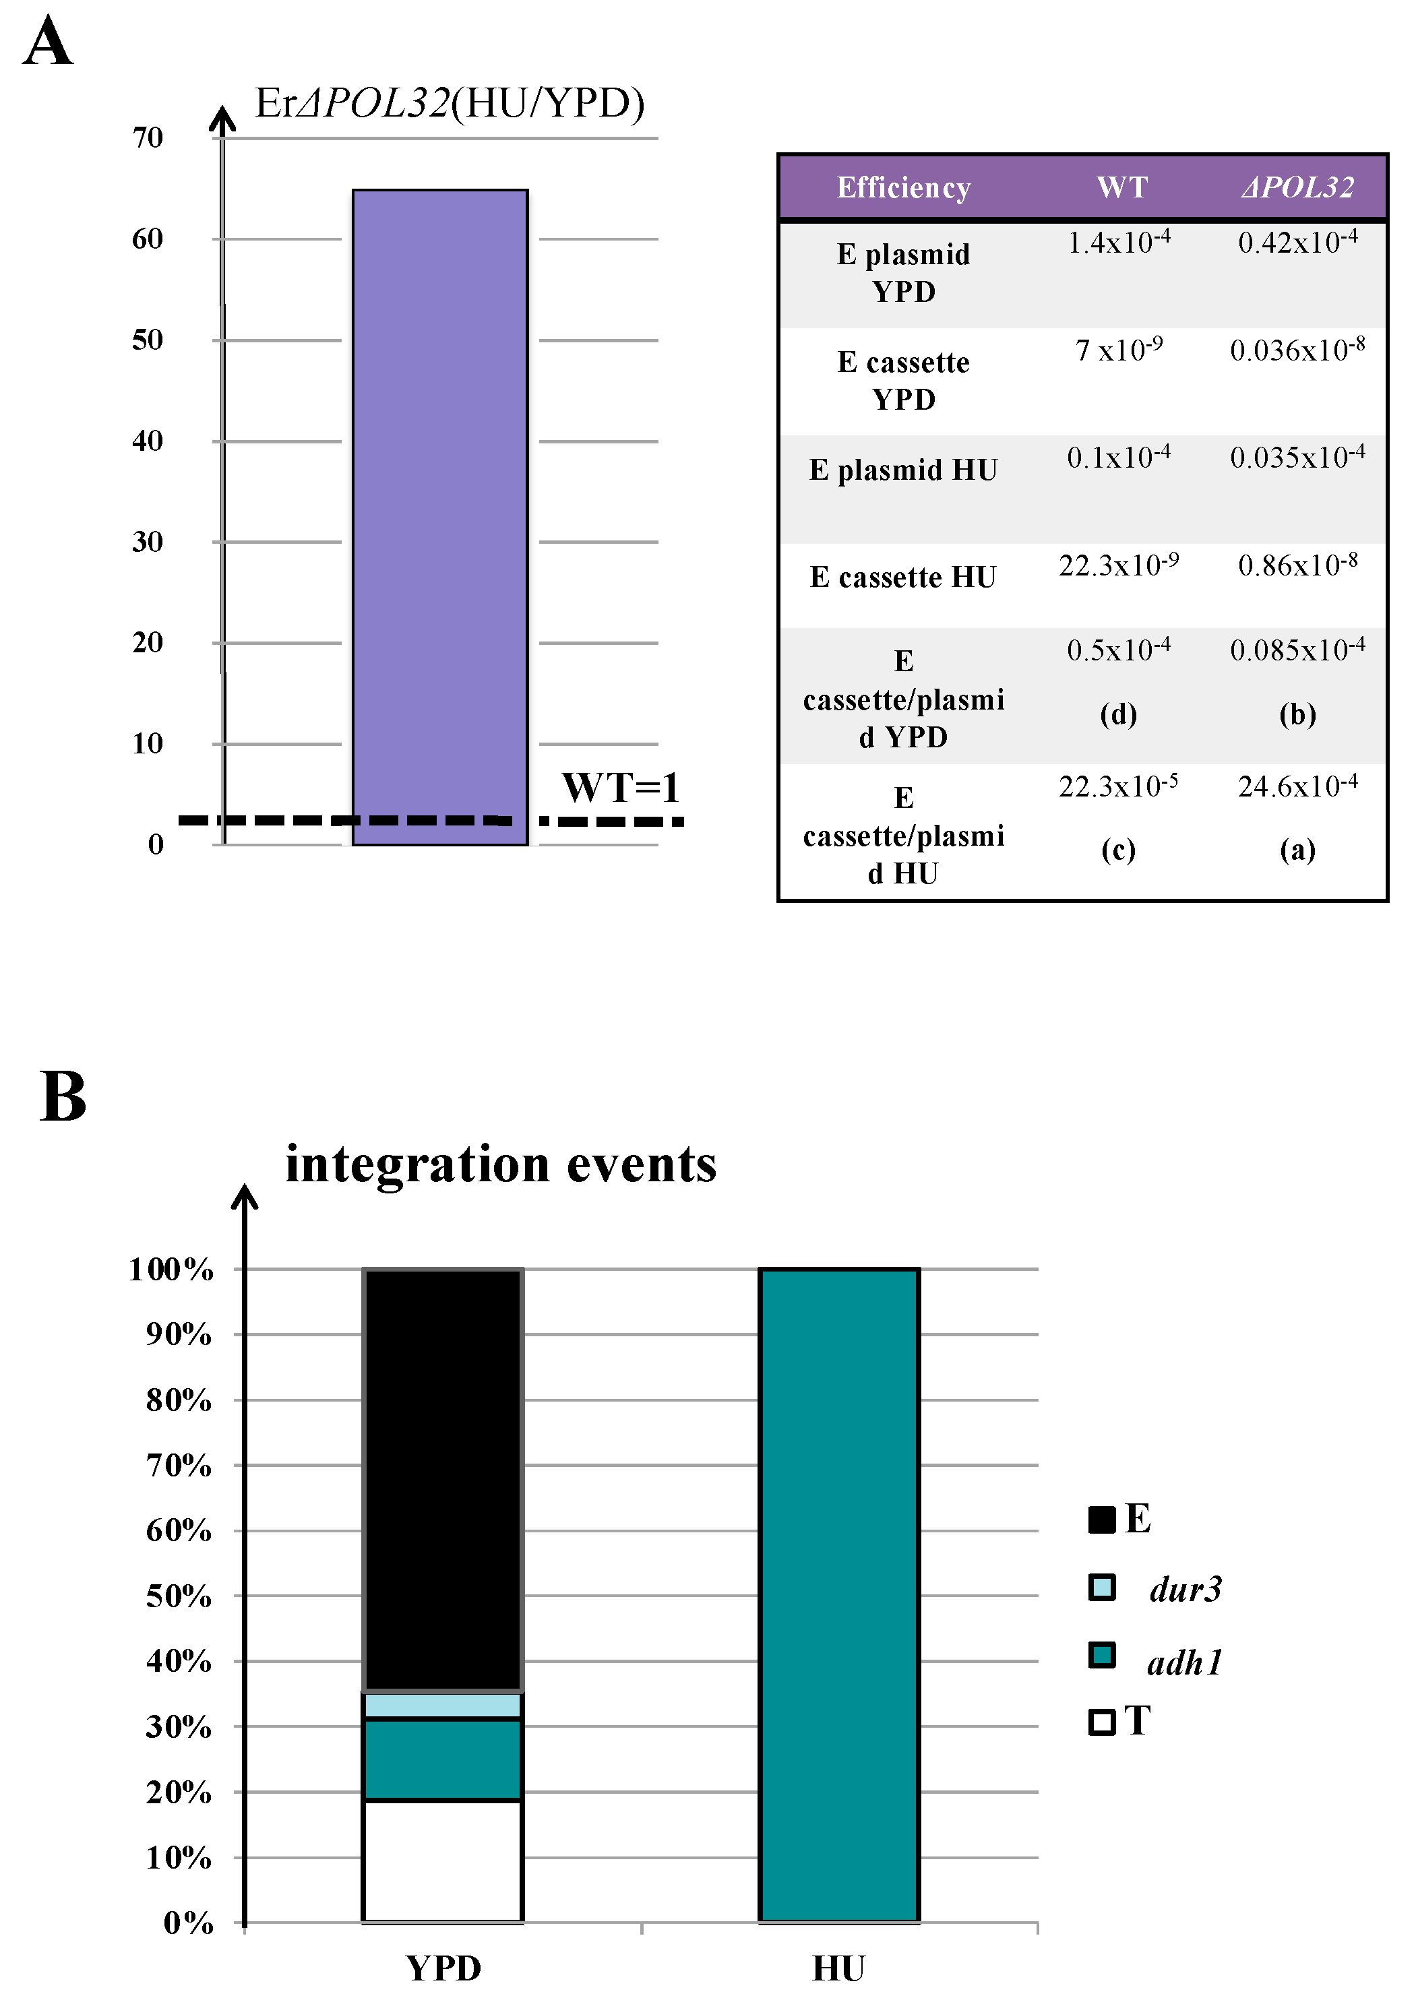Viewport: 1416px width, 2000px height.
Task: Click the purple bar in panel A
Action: pos(439,514)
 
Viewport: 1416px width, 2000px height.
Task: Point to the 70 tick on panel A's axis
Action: pos(148,137)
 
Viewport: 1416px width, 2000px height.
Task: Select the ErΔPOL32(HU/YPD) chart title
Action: pos(449,103)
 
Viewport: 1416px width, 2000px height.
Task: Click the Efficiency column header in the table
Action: pos(903,187)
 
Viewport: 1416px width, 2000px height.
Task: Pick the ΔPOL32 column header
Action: pos(1297,187)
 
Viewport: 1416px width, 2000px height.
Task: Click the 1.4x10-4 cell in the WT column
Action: pos(1119,243)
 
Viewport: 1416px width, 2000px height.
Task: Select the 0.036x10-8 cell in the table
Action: pos(1297,350)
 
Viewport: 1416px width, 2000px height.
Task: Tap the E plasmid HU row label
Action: pos(903,470)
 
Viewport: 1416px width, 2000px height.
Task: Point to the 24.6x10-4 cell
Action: pos(1297,786)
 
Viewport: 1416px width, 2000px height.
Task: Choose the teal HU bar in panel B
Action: pos(839,1596)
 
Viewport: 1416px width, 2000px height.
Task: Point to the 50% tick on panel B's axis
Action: pos(179,1596)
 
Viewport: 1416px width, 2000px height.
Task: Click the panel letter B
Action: pos(63,1097)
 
